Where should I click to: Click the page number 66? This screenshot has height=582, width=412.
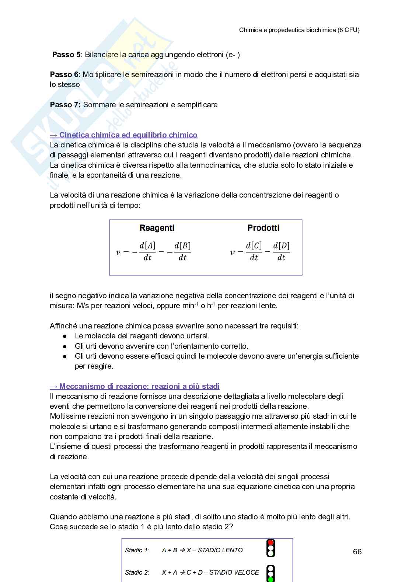357,551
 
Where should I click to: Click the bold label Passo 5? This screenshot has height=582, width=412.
66,55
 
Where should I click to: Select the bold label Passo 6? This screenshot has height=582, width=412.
64,74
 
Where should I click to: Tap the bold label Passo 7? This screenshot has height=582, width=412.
65,105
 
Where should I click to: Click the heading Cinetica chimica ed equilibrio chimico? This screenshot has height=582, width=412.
128,135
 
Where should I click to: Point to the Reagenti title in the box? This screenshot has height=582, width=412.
157,228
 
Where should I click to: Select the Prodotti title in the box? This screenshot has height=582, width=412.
263,228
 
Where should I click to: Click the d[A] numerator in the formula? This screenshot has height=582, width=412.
147,246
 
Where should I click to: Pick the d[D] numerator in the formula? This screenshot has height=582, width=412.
281,246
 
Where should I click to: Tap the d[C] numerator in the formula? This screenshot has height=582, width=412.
254,246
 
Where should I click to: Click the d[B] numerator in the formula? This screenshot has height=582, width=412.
182,246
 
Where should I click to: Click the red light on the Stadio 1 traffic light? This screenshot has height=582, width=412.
271,543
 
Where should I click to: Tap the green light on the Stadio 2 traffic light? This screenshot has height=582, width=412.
271,579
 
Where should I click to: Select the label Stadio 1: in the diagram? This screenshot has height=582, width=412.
137,550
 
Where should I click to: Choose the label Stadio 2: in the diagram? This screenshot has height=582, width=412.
137,572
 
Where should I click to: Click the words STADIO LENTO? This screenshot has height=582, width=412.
220,550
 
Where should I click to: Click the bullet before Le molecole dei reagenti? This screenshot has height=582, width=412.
65,336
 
